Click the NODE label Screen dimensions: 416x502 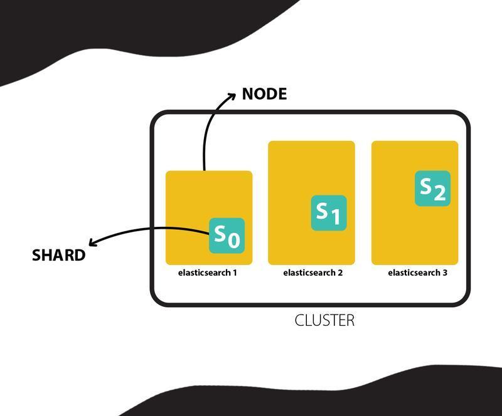(264, 94)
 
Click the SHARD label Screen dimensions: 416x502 (58, 255)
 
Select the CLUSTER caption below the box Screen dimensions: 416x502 (324, 320)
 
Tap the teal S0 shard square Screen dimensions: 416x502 (227, 236)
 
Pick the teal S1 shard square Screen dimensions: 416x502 (329, 213)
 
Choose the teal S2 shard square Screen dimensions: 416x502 (432, 188)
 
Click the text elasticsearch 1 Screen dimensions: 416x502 (207, 273)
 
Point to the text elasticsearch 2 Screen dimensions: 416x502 (312, 273)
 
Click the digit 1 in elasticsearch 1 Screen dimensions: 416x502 (235, 273)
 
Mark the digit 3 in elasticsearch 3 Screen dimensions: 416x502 (445, 273)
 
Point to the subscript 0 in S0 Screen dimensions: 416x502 (233, 241)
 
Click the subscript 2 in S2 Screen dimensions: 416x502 (439, 193)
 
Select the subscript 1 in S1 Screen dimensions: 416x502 (335, 217)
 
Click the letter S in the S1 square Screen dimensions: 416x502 (322, 209)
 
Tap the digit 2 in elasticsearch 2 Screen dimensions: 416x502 (340, 273)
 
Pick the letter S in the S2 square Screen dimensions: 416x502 (426, 185)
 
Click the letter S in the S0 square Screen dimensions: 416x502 (220, 232)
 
